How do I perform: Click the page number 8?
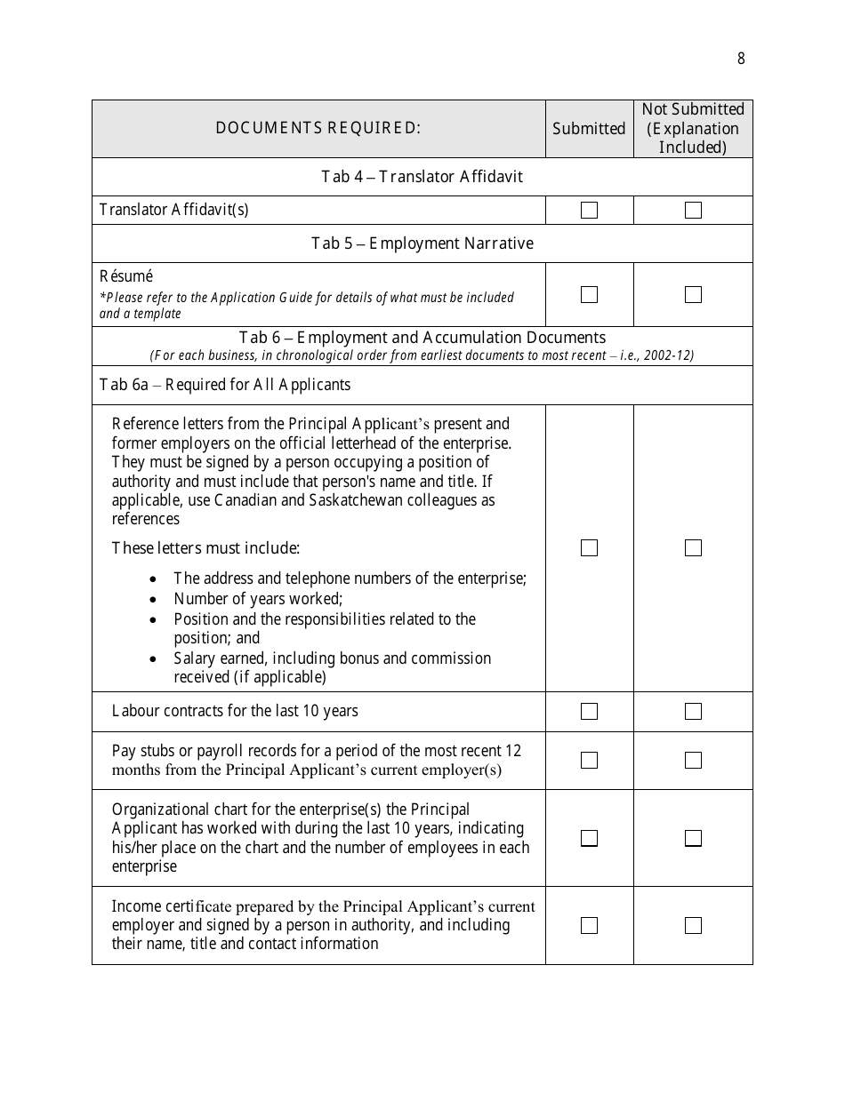pyautogui.click(x=741, y=60)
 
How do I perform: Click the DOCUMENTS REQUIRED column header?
pyautogui.click(x=318, y=128)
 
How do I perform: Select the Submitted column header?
pyautogui.click(x=589, y=129)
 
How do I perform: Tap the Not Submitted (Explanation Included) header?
pyautogui.click(x=693, y=128)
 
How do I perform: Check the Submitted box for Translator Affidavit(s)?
pyautogui.click(x=589, y=211)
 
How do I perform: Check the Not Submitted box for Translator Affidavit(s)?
pyautogui.click(x=693, y=211)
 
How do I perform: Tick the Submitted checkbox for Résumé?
pyautogui.click(x=589, y=294)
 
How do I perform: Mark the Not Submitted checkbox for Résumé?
pyautogui.click(x=693, y=294)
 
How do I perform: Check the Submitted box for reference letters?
pyautogui.click(x=589, y=548)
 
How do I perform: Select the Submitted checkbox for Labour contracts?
pyautogui.click(x=589, y=712)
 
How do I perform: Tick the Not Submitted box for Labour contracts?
pyautogui.click(x=693, y=712)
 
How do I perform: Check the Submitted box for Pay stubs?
pyautogui.click(x=589, y=761)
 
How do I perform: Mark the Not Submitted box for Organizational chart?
pyautogui.click(x=693, y=838)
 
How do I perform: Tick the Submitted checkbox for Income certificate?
pyautogui.click(x=589, y=926)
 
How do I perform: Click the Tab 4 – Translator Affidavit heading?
pyautogui.click(x=422, y=177)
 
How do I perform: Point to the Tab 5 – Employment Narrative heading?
pyautogui.click(x=422, y=243)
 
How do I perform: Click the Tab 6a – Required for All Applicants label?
pyautogui.click(x=225, y=385)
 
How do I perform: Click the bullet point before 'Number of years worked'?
pyautogui.click(x=154, y=600)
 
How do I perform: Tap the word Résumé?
pyautogui.click(x=125, y=276)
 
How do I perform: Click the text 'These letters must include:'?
pyautogui.click(x=205, y=548)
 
